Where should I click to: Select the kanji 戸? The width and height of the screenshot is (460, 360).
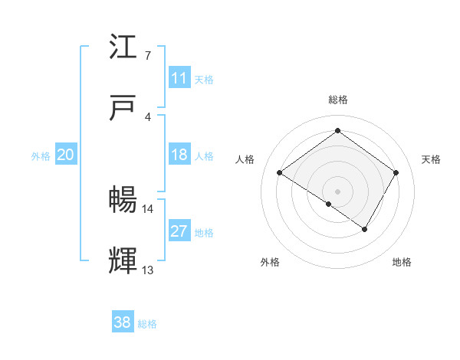[x=124, y=109]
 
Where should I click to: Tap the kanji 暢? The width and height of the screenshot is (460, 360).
[x=124, y=201]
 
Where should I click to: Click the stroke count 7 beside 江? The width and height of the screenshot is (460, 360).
[x=147, y=55]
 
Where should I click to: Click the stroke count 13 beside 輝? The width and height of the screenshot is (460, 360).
[x=147, y=270]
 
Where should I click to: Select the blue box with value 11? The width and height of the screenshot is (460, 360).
[x=179, y=78]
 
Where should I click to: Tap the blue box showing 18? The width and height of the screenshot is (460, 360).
[x=179, y=155]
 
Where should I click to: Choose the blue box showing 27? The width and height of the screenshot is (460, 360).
[x=179, y=231]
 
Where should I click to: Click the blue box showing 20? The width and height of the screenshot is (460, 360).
[x=65, y=155]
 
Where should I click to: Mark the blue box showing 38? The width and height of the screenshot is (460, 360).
[x=122, y=323]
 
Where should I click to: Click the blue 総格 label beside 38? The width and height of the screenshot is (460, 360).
[x=147, y=324]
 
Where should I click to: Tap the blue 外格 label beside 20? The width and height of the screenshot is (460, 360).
[x=41, y=155]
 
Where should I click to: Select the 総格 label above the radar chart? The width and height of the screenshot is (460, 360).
[x=337, y=100]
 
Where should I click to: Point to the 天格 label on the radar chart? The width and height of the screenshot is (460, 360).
[x=431, y=159]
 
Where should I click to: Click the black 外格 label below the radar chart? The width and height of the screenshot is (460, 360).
[x=270, y=263]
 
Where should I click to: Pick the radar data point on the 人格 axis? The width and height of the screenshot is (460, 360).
[x=279, y=173]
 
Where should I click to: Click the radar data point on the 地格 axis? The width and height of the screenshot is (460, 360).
[x=365, y=229]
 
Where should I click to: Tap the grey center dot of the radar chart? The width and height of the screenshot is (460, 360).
[x=337, y=191]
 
